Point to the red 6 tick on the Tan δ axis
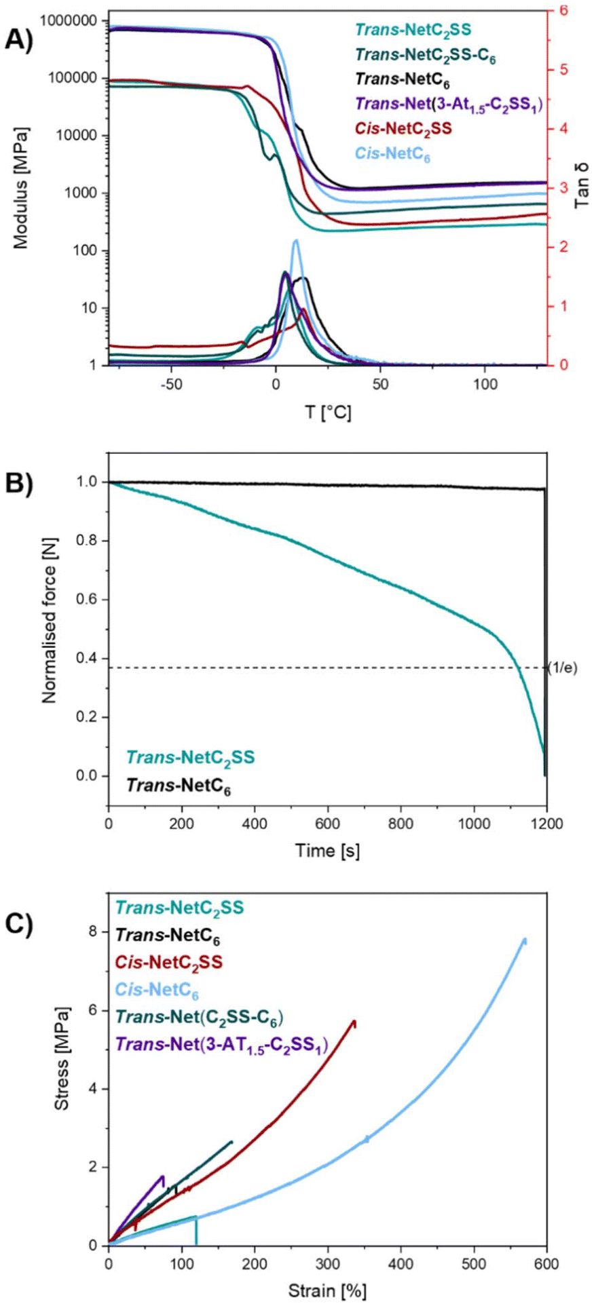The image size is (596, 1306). [563, 11]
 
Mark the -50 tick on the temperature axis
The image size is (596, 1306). [170, 384]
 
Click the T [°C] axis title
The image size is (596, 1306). [327, 411]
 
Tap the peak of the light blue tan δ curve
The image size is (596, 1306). [296, 240]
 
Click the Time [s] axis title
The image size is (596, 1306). [327, 849]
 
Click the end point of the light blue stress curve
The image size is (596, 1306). [524, 940]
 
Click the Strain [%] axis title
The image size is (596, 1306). [327, 1289]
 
